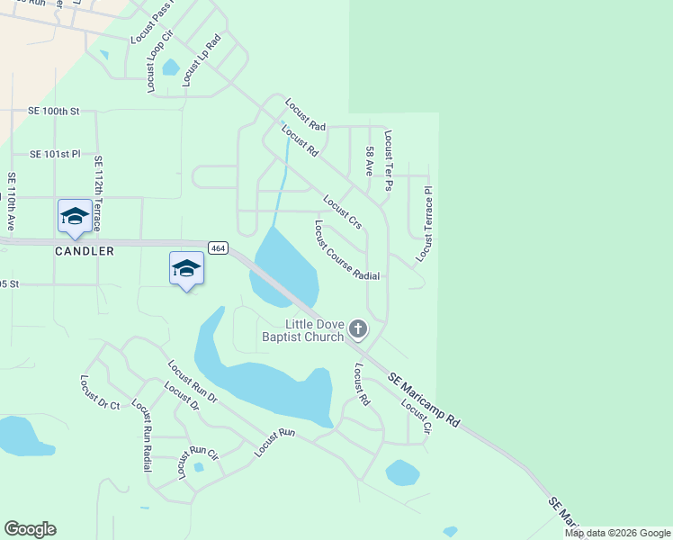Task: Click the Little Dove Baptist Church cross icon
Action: tap(358, 329)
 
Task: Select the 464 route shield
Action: tap(217, 247)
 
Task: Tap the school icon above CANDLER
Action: tap(74, 216)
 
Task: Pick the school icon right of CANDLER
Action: tap(186, 268)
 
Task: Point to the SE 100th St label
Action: tap(54, 112)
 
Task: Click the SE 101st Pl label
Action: tap(55, 155)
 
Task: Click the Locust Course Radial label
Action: tap(346, 250)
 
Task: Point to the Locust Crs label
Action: tap(342, 212)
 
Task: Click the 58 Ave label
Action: tap(369, 160)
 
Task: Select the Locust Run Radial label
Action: tap(141, 436)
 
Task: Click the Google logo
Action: tap(30, 529)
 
